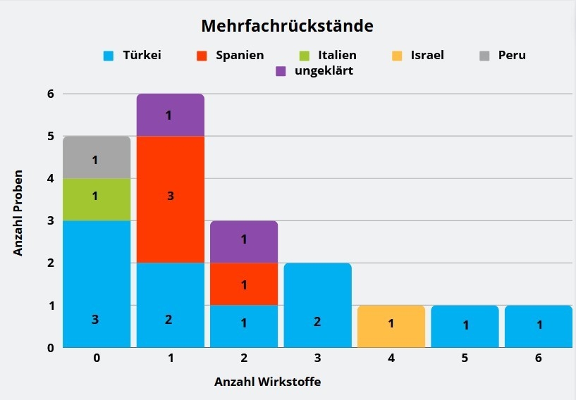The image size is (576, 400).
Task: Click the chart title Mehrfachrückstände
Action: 287,26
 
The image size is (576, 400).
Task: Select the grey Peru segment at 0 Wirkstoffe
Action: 97,158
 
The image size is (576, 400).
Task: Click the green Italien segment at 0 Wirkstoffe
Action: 97,199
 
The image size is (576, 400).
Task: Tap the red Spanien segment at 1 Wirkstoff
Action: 170,199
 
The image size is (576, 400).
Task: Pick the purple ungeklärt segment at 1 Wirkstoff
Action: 170,115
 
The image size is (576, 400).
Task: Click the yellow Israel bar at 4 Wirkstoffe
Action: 391,326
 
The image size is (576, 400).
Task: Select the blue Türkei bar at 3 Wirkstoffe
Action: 317,305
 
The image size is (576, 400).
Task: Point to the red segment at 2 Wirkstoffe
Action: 244,284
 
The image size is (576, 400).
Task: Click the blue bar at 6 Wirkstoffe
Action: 538,326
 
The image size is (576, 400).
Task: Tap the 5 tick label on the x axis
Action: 465,358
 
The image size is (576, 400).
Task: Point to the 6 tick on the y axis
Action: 49,94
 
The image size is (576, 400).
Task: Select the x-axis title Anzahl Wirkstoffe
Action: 268,382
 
